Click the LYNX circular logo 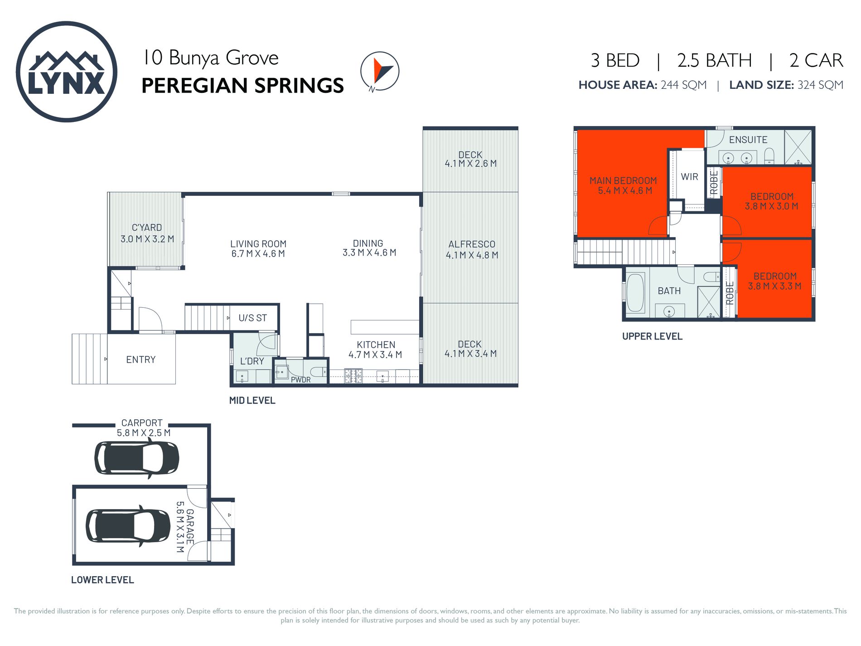click(67, 72)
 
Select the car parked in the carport click(136, 458)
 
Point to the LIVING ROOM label click(258, 244)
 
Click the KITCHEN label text click(376, 345)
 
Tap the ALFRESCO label click(472, 244)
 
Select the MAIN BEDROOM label click(623, 181)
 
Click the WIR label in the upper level click(689, 177)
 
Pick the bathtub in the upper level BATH click(635, 292)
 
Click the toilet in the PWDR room click(318, 372)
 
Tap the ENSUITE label click(748, 140)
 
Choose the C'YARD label click(147, 228)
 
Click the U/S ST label click(252, 318)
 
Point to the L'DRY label click(252, 361)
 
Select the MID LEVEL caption click(252, 401)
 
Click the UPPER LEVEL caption click(652, 336)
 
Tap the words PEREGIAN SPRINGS click(242, 86)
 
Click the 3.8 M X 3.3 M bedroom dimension click(774, 287)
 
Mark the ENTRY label click(141, 360)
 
